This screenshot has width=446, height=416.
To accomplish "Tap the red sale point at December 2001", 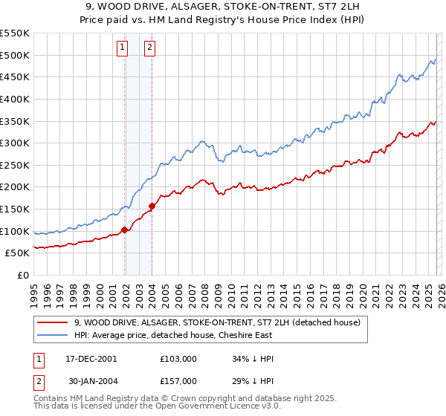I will coord(125,230).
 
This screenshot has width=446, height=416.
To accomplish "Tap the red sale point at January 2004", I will coord(152,206).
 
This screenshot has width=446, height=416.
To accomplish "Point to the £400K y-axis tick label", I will coord(16,99).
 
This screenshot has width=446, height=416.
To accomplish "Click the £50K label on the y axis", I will coord(19,253).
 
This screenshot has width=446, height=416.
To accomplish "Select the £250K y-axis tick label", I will coord(16,165).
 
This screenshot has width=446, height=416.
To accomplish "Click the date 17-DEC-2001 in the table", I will coord(91,358).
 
